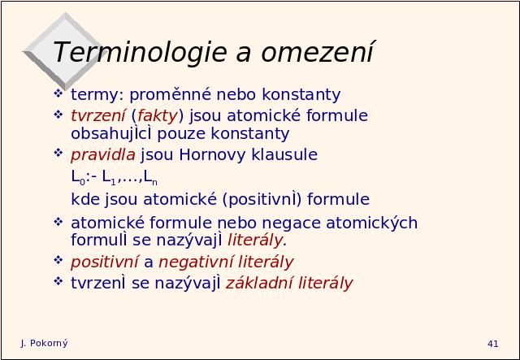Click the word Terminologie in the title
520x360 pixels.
(140, 52)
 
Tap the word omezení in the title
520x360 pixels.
(318, 52)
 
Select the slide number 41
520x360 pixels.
(493, 344)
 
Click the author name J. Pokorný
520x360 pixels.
(44, 344)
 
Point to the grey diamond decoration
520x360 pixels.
(63, 51)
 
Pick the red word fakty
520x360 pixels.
(158, 115)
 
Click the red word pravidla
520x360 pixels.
(103, 155)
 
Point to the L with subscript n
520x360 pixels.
(150, 177)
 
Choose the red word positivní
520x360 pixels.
(105, 262)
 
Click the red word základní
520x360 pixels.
(259, 283)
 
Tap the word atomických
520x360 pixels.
(372, 223)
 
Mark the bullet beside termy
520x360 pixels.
(58, 93)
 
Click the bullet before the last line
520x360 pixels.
(58, 281)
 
